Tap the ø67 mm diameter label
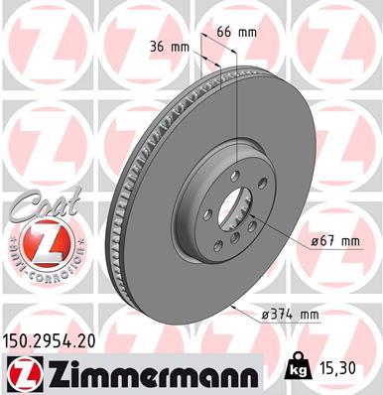tap(332, 239)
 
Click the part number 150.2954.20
tap(59, 339)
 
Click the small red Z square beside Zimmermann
tap(23, 371)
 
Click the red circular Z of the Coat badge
tap(38, 242)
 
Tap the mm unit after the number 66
tap(247, 32)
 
